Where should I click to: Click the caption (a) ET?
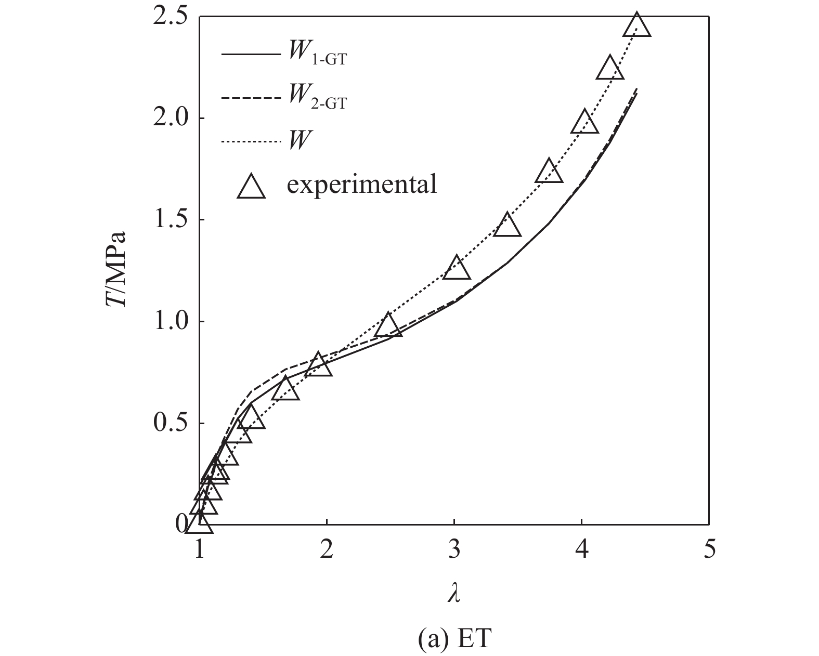[454, 639]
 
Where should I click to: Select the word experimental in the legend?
[361, 184]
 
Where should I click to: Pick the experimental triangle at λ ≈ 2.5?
[388, 326]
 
